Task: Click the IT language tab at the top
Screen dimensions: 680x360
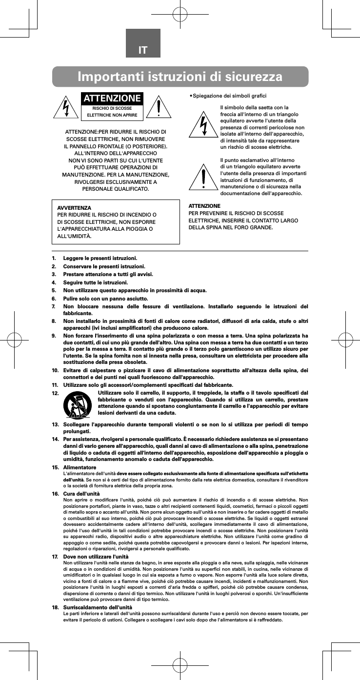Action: coord(143,50)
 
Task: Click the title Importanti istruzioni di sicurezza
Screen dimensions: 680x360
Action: coord(180,77)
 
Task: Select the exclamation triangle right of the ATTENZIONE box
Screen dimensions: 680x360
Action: coord(160,108)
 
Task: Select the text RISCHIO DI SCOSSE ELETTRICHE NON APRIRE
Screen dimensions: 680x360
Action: coord(113,112)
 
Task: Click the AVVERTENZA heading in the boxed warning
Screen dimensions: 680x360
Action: coord(74,208)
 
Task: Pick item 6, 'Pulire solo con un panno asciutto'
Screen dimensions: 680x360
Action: coord(106,298)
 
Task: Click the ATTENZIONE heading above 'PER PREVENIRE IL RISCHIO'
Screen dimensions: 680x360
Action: coord(204,206)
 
